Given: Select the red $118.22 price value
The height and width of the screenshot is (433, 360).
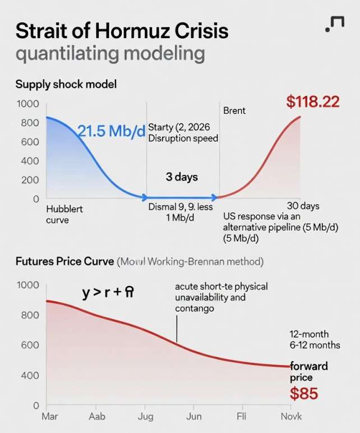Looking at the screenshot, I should pos(313,102).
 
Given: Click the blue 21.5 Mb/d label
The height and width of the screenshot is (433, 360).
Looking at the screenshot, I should pos(110,131).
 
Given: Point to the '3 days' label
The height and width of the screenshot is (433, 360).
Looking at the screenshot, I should pos(182,177).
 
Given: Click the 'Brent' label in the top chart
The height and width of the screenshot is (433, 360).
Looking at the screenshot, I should pos(234,110).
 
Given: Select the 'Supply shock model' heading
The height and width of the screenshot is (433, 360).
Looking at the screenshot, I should pos(66,84).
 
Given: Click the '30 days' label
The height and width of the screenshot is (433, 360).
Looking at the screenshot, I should pos(303,205).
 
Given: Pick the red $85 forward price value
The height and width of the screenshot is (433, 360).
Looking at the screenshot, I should pos(303,394).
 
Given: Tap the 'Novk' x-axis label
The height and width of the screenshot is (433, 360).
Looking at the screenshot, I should pos(291,417).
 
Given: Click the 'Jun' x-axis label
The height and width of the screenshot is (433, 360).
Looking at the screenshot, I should pos(194,417).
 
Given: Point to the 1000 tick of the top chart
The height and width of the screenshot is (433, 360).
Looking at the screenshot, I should pos(27,104).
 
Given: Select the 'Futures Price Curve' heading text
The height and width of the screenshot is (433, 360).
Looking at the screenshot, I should pos(64,261).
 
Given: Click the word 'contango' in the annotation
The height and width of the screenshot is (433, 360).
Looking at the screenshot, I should pos(194,308).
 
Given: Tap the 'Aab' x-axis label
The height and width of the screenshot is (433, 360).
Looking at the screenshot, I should pos(96,417).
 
